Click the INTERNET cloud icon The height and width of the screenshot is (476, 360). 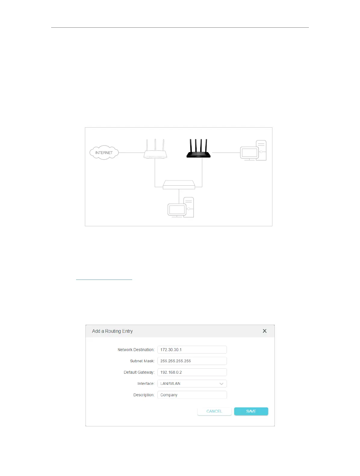pyautogui.click(x=104, y=153)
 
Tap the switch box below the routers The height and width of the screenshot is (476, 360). pyautogui.click(x=179, y=185)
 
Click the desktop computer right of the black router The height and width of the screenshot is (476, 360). pyautogui.click(x=253, y=150)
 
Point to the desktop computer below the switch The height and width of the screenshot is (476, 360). pyautogui.click(x=181, y=208)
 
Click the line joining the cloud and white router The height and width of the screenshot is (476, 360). pyautogui.click(x=132, y=153)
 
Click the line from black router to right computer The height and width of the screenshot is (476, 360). pyautogui.click(x=226, y=153)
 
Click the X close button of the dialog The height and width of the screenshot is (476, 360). pyautogui.click(x=265, y=331)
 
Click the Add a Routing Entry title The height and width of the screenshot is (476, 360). pyautogui.click(x=112, y=331)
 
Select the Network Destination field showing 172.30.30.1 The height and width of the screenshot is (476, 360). pyautogui.click(x=192, y=350)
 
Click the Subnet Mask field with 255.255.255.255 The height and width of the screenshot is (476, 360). pyautogui.click(x=192, y=361)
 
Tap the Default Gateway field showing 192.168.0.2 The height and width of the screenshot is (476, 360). pyautogui.click(x=192, y=372)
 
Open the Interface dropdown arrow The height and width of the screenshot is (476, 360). pyautogui.click(x=221, y=384)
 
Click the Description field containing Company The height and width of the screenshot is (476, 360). pyautogui.click(x=192, y=395)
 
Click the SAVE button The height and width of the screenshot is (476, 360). pyautogui.click(x=251, y=411)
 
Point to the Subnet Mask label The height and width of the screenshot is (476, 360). pyautogui.click(x=142, y=361)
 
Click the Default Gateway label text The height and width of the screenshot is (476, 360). pyautogui.click(x=139, y=372)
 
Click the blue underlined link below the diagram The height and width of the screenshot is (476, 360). pyautogui.click(x=104, y=279)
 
